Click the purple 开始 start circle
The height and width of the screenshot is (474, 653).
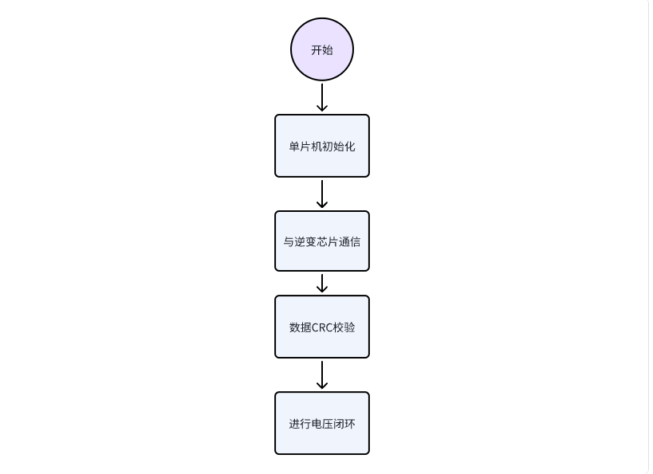tap(322, 49)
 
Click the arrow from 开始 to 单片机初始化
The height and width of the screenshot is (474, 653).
tap(322, 97)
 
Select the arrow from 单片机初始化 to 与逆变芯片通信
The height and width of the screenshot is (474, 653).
tap(322, 194)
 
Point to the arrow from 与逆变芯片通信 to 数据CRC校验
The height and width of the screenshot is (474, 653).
tap(322, 283)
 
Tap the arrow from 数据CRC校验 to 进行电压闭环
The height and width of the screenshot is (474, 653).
tap(322, 374)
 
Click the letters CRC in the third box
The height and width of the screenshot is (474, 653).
tap(322, 327)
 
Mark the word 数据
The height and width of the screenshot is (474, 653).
tap(300, 327)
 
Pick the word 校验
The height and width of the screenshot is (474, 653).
tap(344, 327)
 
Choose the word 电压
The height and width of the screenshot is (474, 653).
tap(322, 424)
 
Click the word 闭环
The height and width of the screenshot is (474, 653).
tap(344, 424)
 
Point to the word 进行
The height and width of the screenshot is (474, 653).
tap(300, 424)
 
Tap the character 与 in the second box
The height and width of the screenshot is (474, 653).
tap(289, 241)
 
